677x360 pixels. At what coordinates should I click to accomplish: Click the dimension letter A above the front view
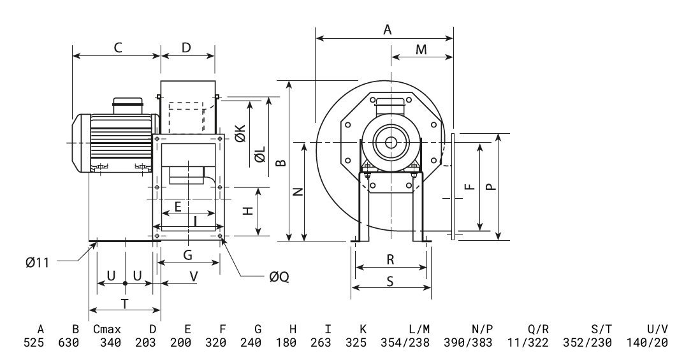pyautogui.click(x=386, y=29)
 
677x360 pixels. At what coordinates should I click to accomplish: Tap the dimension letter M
pyautogui.click(x=421, y=50)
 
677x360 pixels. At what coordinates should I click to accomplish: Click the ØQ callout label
pyautogui.click(x=279, y=277)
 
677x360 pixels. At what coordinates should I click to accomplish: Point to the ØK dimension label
pyautogui.click(x=241, y=134)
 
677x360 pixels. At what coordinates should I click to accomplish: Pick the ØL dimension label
pyautogui.click(x=260, y=156)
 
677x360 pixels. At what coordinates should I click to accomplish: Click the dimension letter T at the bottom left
pyautogui.click(x=124, y=303)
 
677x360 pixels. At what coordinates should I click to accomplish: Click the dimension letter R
pyautogui.click(x=390, y=259)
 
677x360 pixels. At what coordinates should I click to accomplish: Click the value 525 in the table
pyautogui.click(x=40, y=343)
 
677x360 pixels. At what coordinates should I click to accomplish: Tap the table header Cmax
pyautogui.click(x=106, y=329)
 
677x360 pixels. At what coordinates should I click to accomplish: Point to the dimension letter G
pyautogui.click(x=187, y=256)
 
